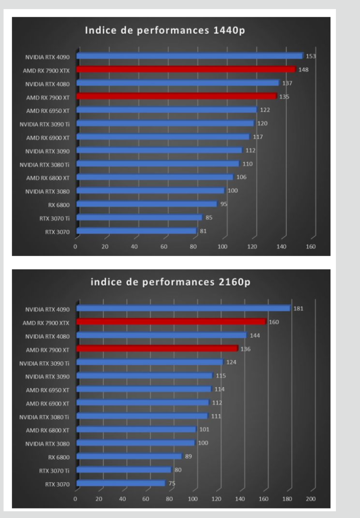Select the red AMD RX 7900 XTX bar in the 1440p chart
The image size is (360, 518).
(x=186, y=70)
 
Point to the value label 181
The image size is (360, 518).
(x=298, y=309)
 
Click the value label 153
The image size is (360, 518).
(x=311, y=56)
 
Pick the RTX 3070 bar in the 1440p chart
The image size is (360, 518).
(x=136, y=231)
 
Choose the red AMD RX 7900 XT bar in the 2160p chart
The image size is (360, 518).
(x=157, y=349)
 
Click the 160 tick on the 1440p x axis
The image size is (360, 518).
(x=311, y=247)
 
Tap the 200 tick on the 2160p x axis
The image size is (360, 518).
(x=311, y=499)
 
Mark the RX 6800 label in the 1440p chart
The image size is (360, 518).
(x=60, y=204)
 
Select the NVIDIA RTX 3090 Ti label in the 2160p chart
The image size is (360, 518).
(x=45, y=362)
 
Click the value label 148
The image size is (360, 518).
(x=303, y=70)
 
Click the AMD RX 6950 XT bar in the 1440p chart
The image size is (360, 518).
(x=166, y=110)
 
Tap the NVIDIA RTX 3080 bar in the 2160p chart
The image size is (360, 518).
(x=135, y=443)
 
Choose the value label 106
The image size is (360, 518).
(x=241, y=177)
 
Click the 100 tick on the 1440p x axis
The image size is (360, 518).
(x=223, y=247)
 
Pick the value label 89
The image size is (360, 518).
(x=188, y=456)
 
